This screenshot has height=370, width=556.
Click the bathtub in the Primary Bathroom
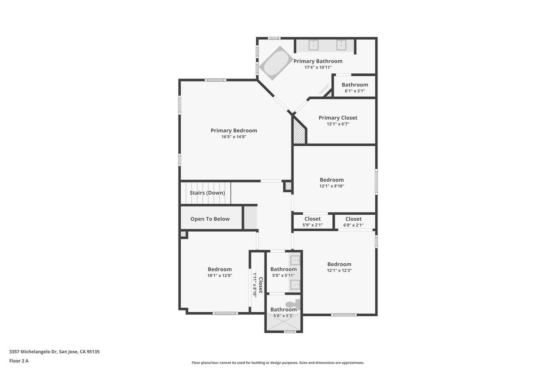tap(276, 63)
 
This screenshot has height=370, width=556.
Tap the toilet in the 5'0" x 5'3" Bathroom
tap(293, 305)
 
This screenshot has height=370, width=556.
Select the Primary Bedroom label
tap(234, 131)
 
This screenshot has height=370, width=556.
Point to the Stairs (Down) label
tap(207, 193)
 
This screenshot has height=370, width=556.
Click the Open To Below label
tap(210, 219)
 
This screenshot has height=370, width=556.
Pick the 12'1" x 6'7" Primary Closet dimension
tap(338, 124)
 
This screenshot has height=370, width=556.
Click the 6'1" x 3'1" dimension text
tap(355, 91)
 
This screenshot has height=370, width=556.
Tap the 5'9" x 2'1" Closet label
tap(312, 219)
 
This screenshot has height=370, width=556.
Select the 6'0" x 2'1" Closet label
tap(354, 219)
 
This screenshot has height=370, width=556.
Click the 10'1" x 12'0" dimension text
tap(220, 275)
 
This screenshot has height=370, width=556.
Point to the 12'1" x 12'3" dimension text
tap(339, 270)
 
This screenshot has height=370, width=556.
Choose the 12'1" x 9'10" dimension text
tap(331, 186)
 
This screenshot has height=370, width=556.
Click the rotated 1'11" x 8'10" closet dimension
tap(255, 285)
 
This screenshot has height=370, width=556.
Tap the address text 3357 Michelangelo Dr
tap(33, 352)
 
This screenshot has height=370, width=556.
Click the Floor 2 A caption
tap(19, 361)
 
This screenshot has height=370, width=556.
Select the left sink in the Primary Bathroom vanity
tap(314, 46)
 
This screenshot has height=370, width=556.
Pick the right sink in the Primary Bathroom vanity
tap(341, 46)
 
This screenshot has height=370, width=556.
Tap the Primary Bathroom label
tap(318, 61)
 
